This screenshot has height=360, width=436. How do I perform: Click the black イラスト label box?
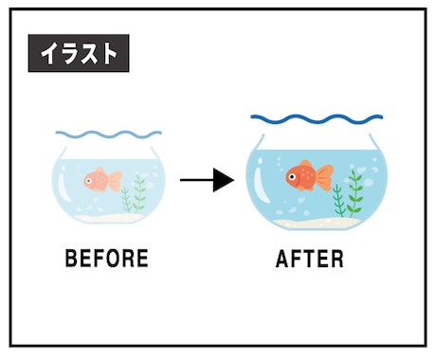79,53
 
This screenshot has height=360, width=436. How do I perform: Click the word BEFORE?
107,259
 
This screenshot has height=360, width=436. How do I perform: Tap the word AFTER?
310,259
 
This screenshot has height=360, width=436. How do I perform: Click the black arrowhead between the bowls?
224,180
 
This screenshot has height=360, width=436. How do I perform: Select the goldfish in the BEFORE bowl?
102,180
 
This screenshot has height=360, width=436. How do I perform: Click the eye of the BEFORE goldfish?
89,181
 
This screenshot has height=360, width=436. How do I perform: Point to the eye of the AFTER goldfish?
292,176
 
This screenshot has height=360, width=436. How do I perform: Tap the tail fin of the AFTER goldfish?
325,177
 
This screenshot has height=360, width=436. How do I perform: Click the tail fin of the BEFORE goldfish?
115,181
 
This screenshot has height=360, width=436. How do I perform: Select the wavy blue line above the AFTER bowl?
317,119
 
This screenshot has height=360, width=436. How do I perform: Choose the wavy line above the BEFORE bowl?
109,135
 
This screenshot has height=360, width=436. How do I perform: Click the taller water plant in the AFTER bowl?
355,193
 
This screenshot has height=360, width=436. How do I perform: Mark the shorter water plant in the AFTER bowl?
338,201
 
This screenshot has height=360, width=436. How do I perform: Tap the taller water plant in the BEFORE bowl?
139,193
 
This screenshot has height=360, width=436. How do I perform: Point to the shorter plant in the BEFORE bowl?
126,199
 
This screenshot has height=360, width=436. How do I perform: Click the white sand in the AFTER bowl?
316,224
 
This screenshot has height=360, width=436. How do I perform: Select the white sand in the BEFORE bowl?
107,218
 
